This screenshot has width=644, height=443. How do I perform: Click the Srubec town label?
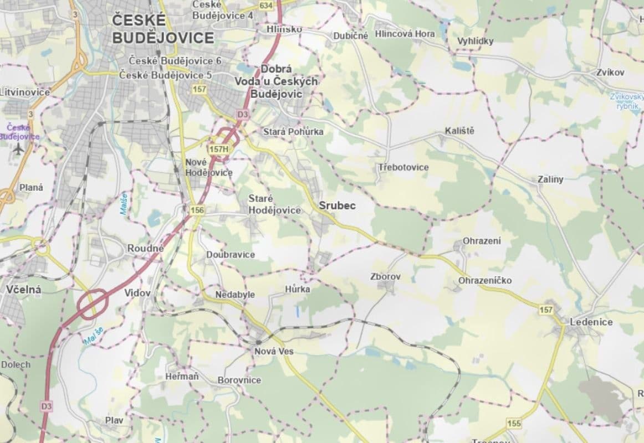tap(337, 206)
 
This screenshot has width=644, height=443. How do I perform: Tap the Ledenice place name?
tap(591, 322)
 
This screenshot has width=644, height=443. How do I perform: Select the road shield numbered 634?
tap(266, 5)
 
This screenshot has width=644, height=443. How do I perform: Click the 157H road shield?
tap(218, 149)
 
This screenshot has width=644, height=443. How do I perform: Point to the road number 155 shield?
tap(514, 423)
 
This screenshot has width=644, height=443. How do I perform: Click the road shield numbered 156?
tap(197, 210)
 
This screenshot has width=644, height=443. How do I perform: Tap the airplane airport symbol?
tap(18, 148)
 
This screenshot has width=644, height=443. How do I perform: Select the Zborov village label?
tap(385, 276)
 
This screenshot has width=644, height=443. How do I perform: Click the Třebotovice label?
tap(403, 167)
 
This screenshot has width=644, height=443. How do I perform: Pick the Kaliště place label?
tap(459, 131)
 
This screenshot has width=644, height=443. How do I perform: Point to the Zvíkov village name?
tap(611, 73)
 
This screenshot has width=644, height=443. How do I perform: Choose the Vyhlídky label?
tap(475, 41)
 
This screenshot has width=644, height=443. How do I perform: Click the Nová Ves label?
tap(274, 351)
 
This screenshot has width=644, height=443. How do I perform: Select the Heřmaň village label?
tap(182, 377)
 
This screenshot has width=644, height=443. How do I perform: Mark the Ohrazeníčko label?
tap(485, 281)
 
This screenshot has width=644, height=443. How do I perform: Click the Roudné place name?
tap(145, 249)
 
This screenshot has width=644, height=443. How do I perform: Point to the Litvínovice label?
tap(25, 92)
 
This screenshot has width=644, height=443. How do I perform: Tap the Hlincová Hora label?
tap(405, 34)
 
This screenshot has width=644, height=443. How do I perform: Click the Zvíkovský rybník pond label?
tap(627, 101)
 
